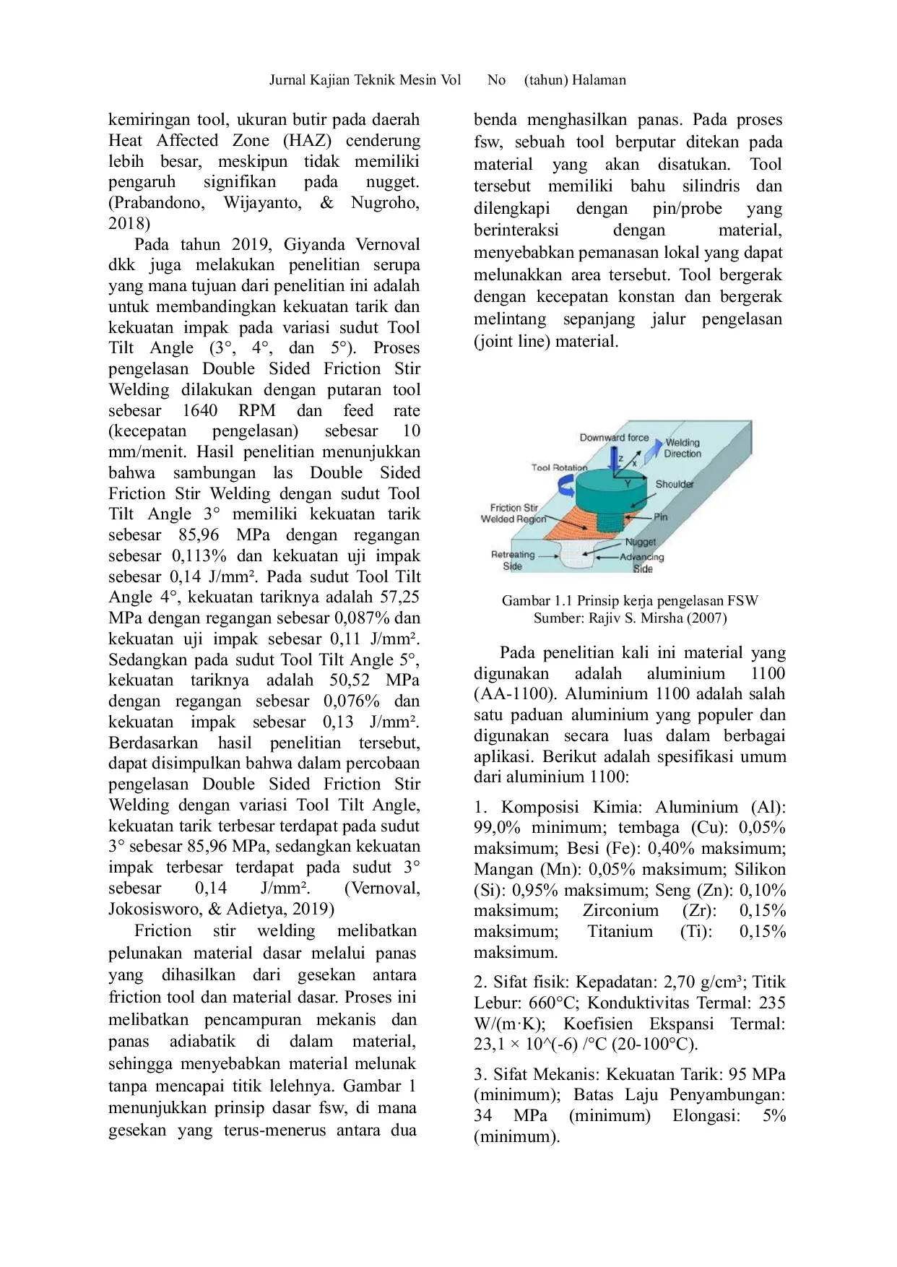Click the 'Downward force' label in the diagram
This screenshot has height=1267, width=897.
pyautogui.click(x=613, y=438)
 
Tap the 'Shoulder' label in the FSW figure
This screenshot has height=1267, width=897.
pyautogui.click(x=674, y=484)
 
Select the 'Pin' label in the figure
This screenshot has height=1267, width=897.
pyautogui.click(x=660, y=516)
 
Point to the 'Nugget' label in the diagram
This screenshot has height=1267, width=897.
pyautogui.click(x=640, y=542)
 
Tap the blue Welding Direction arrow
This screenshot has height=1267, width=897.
pyautogui.click(x=653, y=451)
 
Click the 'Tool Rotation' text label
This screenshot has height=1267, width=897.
pyautogui.click(x=558, y=467)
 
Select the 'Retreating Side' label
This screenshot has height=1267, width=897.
pyautogui.click(x=513, y=560)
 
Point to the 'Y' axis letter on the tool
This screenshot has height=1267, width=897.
pyautogui.click(x=628, y=483)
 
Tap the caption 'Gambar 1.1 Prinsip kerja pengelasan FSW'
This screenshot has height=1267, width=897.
pyautogui.click(x=629, y=600)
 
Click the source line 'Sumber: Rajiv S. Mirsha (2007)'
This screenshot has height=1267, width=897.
pyautogui.click(x=630, y=618)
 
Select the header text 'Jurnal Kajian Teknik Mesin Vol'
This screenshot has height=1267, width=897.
pyautogui.click(x=365, y=80)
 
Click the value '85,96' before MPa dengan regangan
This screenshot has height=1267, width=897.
pyautogui.click(x=199, y=535)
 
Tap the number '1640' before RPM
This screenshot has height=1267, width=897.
pyautogui.click(x=199, y=411)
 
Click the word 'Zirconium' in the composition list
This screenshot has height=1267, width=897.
pyautogui.click(x=620, y=911)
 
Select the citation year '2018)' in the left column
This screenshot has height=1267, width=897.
pyautogui.click(x=129, y=223)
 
